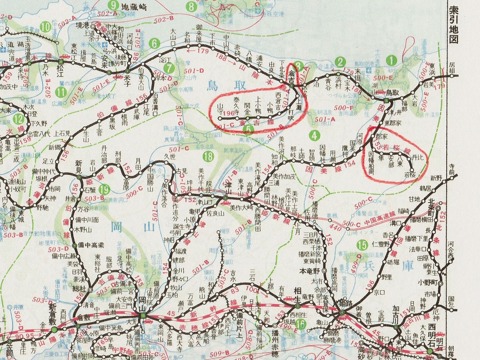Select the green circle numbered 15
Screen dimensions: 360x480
click(362, 246)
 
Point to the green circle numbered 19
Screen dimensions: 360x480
click(105, 190)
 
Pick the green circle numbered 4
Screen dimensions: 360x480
click(313, 134)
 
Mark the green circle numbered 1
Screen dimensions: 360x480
click(392, 59)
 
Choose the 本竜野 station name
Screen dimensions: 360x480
click(310, 270)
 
